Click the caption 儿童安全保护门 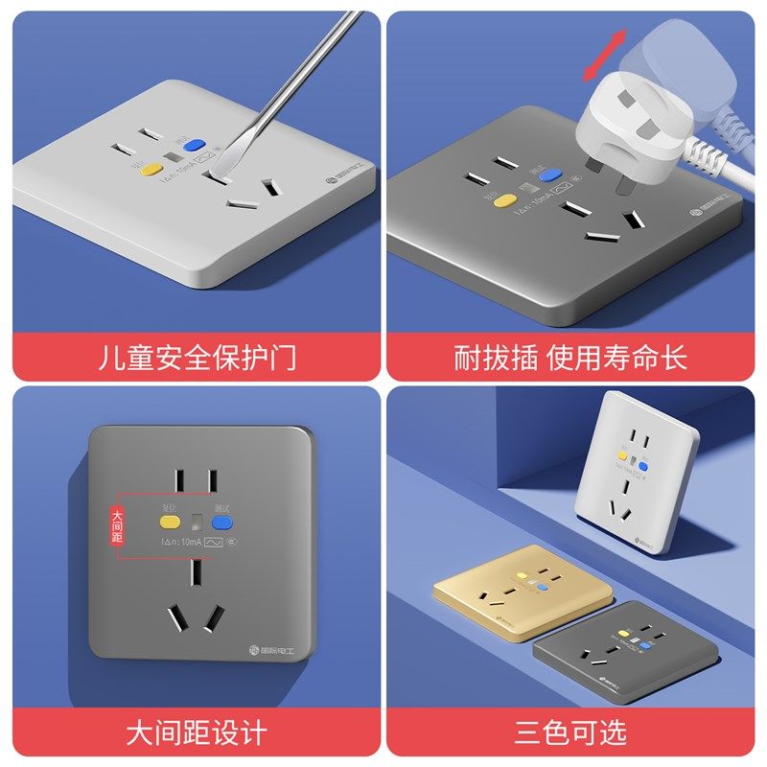coord(198,358)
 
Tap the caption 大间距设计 coord(197,733)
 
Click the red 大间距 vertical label coord(118,525)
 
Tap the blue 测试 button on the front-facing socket coord(222,523)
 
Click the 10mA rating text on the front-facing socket coord(183,544)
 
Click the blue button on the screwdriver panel coord(197,147)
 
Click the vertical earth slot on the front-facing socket coord(196,573)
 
